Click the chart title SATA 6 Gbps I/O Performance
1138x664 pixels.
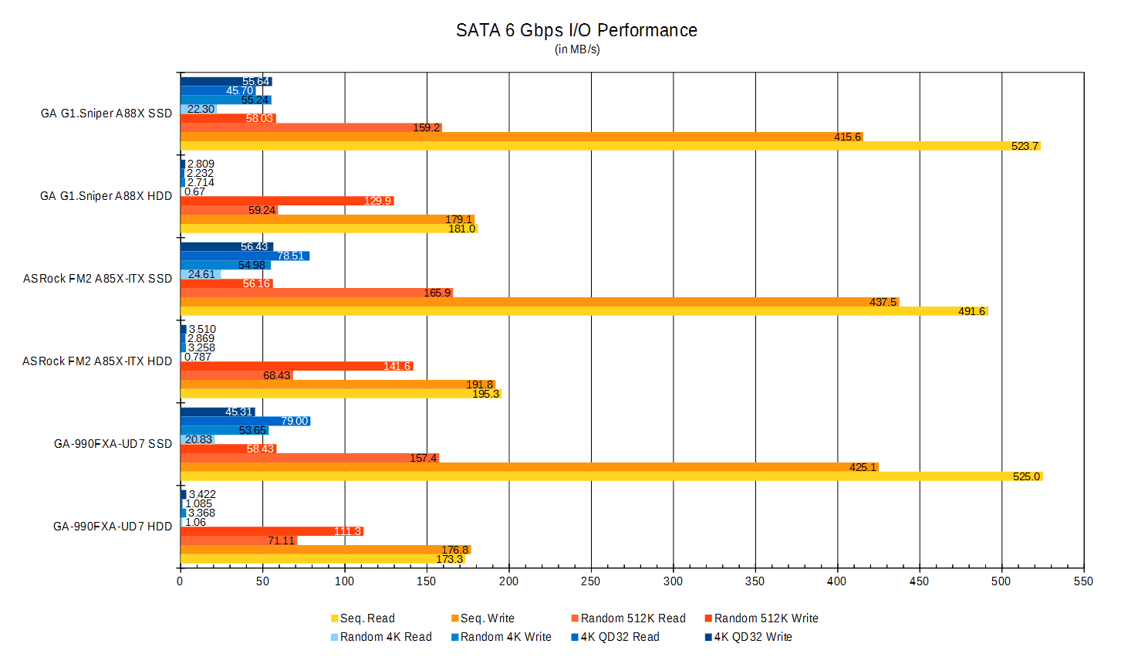coord(576,30)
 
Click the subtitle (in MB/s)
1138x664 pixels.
coord(577,49)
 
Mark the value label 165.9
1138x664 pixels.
coord(437,293)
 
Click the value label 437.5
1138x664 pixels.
coord(883,302)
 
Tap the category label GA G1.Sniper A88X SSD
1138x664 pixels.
coord(106,113)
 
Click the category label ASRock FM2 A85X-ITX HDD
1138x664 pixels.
coord(97,361)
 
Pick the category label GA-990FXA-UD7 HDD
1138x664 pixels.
coord(113,527)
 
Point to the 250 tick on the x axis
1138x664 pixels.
coord(591,581)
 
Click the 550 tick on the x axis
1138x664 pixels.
coord(1083,581)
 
